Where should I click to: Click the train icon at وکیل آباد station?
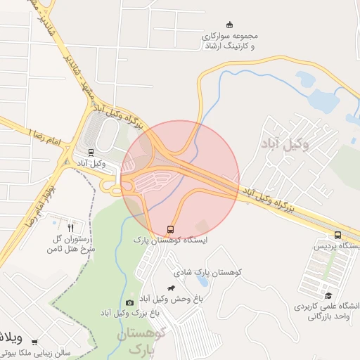coord(91,152)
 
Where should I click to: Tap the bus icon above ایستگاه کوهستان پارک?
coord(170,230)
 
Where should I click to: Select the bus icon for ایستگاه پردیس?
coord(337,236)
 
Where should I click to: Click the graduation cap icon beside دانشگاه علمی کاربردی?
coord(328,296)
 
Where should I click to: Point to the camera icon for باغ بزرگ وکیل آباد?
coord(129,302)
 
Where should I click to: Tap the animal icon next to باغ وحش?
coord(171,288)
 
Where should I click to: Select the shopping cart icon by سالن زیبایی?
coord(34,342)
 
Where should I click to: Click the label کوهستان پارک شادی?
coord(207,271)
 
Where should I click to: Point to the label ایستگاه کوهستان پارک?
coord(170,241)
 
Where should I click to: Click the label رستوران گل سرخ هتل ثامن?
coord(70,244)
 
